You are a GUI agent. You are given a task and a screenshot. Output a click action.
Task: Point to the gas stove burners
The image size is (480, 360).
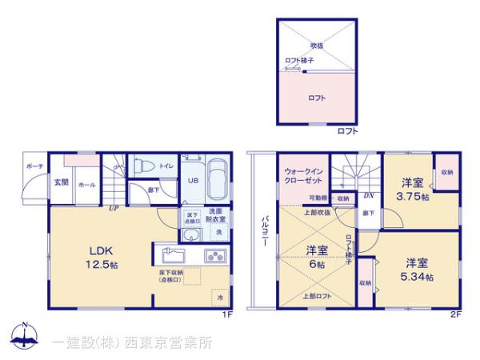pos(216,257)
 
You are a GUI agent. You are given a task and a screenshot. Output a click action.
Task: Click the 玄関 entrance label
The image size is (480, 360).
pos(62,182)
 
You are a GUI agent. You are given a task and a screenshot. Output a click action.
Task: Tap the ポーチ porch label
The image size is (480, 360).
pos(34,166)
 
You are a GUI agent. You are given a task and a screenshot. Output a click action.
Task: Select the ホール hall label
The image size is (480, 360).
pos(86,185)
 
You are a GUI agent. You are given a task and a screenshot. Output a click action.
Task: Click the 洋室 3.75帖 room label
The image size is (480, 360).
pos(414,190)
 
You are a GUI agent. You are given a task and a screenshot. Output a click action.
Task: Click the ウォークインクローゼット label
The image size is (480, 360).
pos(305,174)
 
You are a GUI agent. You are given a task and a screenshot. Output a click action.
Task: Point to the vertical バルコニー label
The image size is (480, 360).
pos(263,233)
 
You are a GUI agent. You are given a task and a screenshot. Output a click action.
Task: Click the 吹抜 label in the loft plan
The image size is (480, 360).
pos(317,46)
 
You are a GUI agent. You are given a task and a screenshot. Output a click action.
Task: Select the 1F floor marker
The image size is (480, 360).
pos(228,314)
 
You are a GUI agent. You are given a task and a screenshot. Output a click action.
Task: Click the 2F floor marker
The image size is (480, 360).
pos(455,314)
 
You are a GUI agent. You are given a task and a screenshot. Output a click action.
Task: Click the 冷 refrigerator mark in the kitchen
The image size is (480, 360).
pos(220,297)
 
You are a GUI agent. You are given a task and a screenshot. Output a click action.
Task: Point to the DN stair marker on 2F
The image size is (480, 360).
pos(369,194)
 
